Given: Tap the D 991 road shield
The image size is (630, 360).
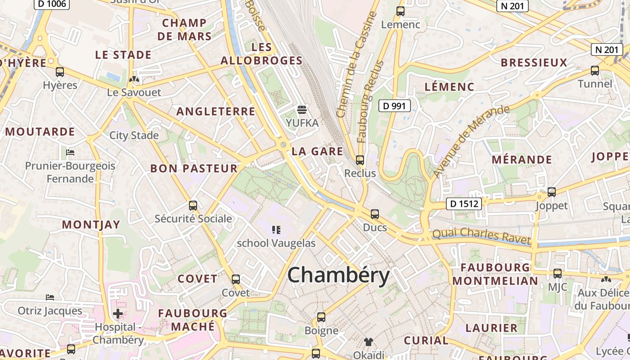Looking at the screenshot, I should click(x=394, y=106).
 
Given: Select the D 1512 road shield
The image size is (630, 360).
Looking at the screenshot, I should click(x=464, y=204).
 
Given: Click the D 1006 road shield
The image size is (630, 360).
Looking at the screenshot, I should click(x=52, y=4).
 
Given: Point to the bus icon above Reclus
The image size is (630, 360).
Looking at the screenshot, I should click(x=360, y=160).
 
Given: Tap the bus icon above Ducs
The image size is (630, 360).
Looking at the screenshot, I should click(x=375, y=214).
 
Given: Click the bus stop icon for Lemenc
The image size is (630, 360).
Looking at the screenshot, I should click(x=400, y=11).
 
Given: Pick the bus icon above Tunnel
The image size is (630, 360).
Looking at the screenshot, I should click(x=595, y=71).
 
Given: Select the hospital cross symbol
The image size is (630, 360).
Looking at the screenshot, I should click(x=118, y=313).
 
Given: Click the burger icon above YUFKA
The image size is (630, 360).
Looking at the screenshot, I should click(x=302, y=109).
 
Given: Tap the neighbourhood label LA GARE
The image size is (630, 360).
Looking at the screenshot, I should click(x=317, y=151).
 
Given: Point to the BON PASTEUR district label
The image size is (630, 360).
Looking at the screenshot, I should click(x=193, y=169).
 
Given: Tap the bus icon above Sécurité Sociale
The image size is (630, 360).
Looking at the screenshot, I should click(x=193, y=206).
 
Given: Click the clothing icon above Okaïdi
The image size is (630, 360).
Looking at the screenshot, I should click(x=369, y=342).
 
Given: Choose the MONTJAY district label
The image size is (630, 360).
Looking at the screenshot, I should click(x=91, y=225).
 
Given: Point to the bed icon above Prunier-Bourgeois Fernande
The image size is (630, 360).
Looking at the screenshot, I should click(x=70, y=153).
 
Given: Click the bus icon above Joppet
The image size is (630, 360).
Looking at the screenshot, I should click(x=552, y=192).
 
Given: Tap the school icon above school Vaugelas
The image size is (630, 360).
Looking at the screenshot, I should click(x=276, y=230).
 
